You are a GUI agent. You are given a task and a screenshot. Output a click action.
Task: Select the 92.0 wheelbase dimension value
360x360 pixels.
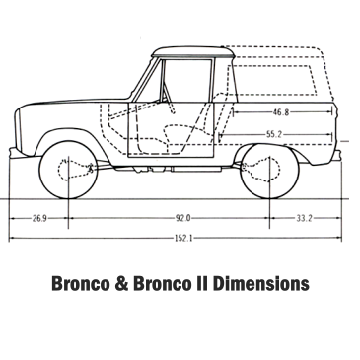point(183,216)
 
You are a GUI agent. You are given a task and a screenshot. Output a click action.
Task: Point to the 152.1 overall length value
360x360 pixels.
point(182,237)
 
